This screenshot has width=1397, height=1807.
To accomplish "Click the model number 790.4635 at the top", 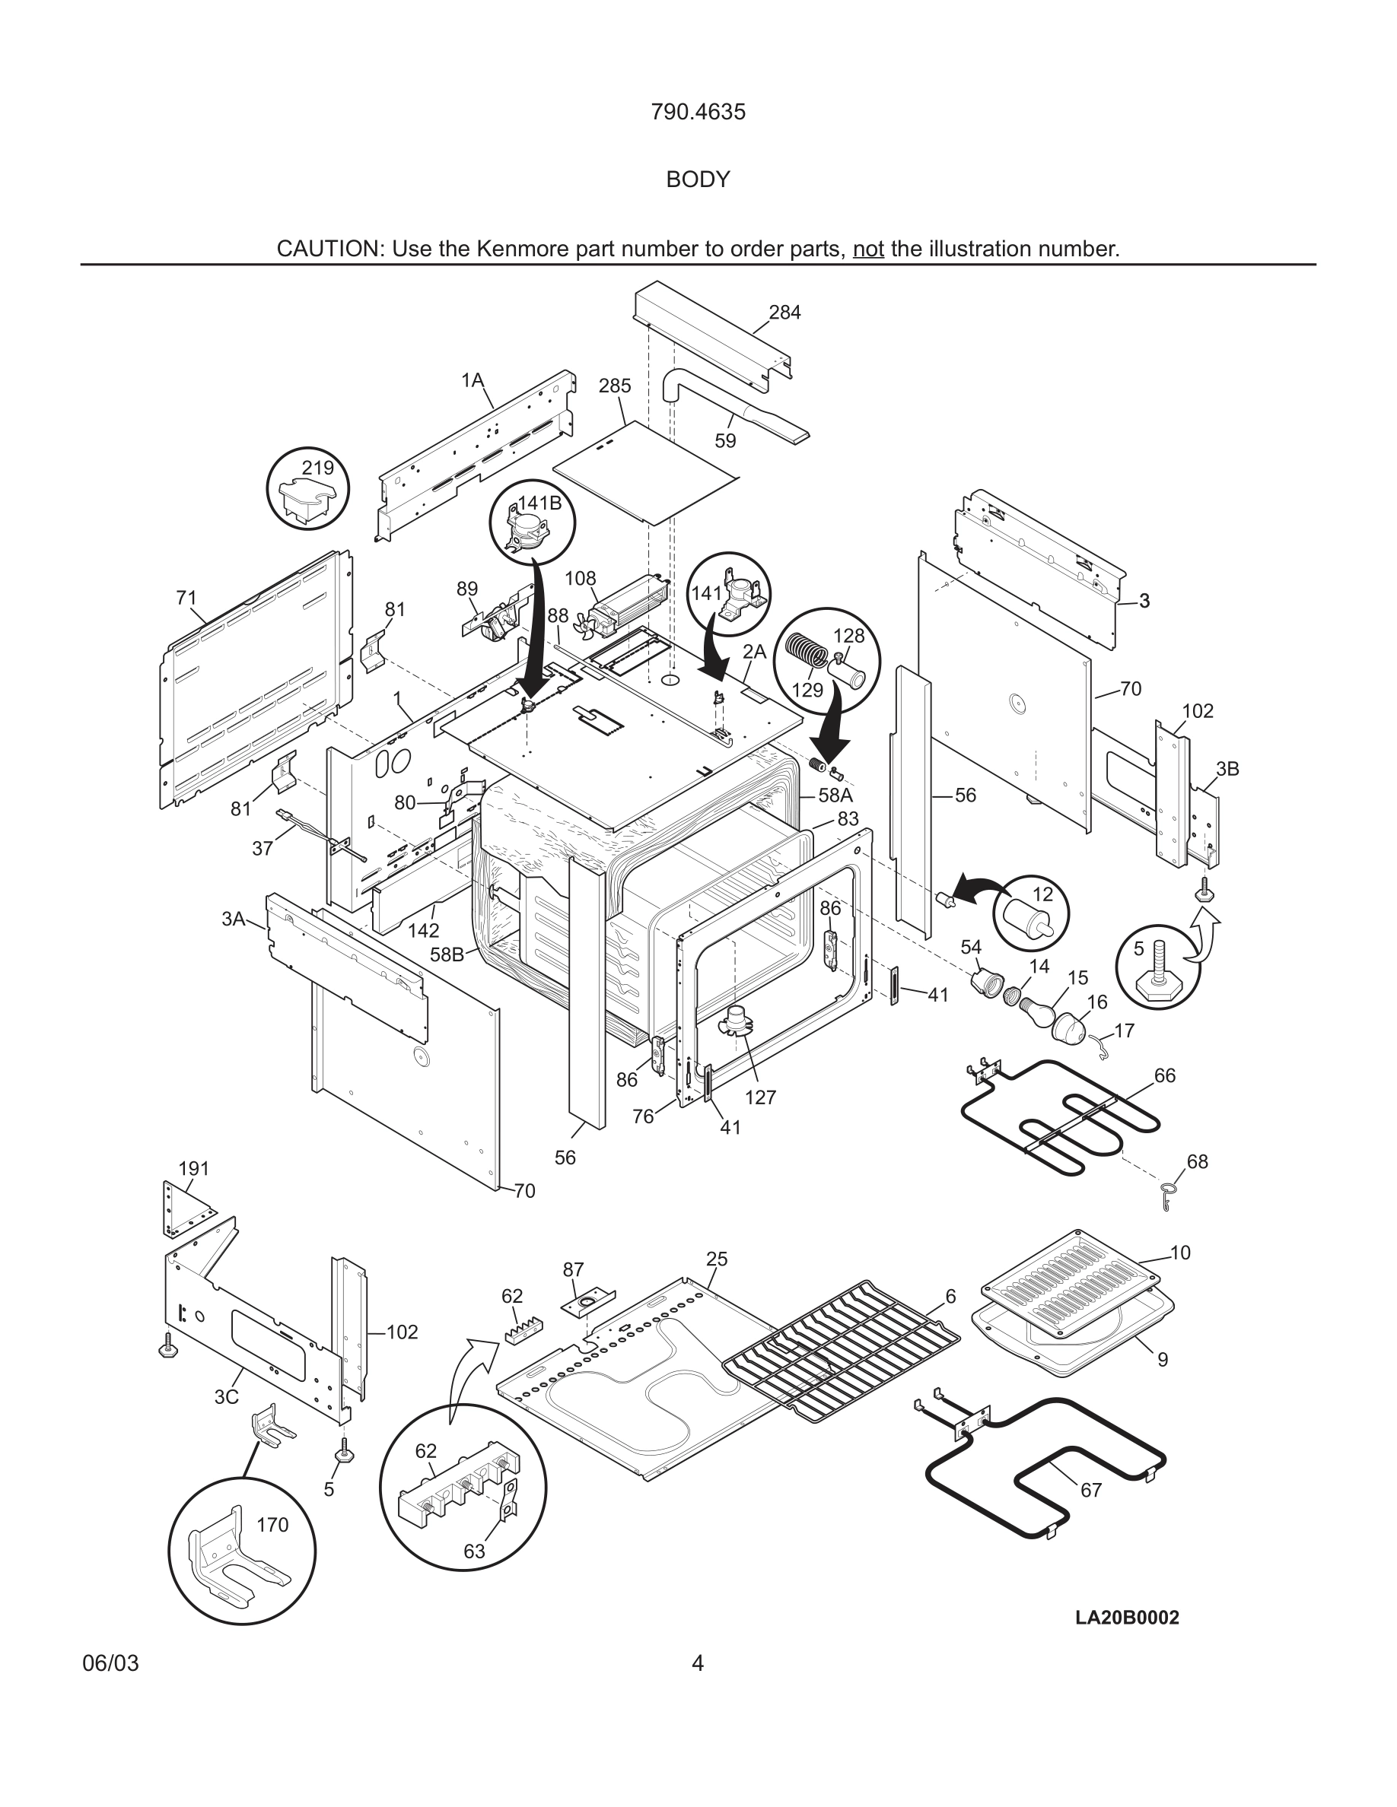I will (698, 112).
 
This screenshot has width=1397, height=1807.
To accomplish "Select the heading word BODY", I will (698, 179).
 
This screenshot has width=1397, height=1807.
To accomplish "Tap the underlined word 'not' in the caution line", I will (868, 249).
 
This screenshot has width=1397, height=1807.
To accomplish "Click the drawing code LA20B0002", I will (1127, 1618).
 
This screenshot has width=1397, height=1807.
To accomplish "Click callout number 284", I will (784, 313).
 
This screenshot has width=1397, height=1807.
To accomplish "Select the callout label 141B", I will (539, 503).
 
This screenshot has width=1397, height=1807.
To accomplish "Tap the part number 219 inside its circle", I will (317, 468).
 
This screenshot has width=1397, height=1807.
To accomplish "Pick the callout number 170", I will (272, 1525).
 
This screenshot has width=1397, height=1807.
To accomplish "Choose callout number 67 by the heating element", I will (1091, 1490).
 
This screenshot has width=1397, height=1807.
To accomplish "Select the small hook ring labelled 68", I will (1166, 1192).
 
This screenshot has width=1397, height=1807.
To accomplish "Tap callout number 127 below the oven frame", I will (759, 1097).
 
